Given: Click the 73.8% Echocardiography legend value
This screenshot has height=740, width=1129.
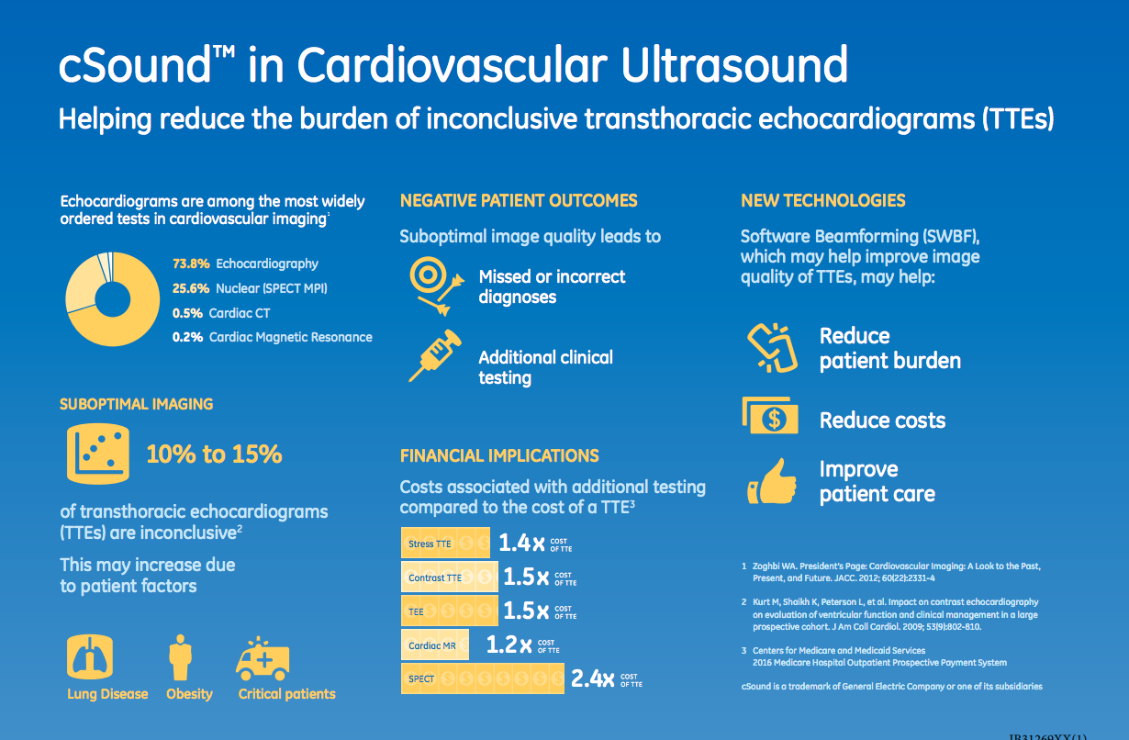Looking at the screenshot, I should [191, 263].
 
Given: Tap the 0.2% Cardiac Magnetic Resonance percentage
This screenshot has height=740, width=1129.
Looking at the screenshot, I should [188, 337].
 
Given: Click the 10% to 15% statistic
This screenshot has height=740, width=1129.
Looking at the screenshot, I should [214, 454].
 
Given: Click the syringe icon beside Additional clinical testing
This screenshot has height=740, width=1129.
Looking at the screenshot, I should [433, 357].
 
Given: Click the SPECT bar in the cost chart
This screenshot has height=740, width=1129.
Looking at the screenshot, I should [483, 679].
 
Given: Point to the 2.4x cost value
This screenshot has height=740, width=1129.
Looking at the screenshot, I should [592, 679].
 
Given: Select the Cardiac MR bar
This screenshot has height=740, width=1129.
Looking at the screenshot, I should [435, 645].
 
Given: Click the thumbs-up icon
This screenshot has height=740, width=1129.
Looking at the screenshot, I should [770, 481].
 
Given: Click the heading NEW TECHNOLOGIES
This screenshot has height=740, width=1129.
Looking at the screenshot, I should [822, 201].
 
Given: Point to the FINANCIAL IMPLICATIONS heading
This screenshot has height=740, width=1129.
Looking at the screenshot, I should [499, 455].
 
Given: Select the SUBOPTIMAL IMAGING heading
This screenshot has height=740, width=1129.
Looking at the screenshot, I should [136, 404].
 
